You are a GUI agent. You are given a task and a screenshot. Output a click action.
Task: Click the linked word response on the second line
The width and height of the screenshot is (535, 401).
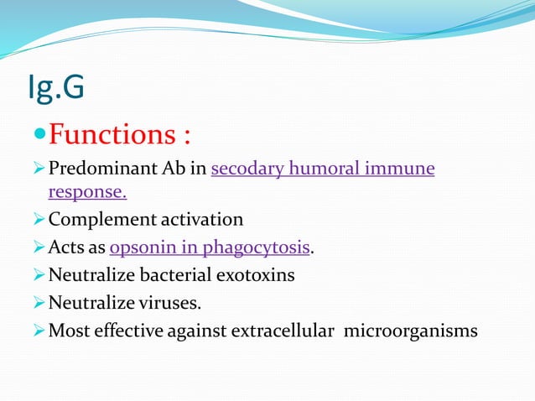[x=87, y=192]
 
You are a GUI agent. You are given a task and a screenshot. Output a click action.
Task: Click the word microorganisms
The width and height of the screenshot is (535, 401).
[x=411, y=330]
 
